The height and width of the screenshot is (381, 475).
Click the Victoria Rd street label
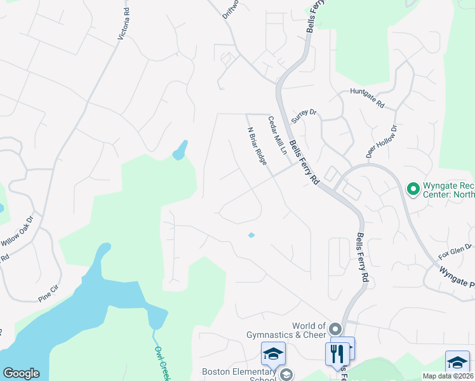[124, 25]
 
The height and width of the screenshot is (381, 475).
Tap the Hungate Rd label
[368, 97]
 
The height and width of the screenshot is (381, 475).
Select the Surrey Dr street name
[303, 116]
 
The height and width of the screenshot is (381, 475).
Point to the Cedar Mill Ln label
[277, 135]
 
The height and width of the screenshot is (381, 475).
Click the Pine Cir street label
[48, 293]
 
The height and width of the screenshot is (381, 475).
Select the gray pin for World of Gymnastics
[336, 330]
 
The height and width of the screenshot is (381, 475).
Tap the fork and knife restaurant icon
[337, 353]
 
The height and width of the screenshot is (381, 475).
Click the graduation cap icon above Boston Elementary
[273, 353]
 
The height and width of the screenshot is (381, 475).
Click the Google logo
[21, 373]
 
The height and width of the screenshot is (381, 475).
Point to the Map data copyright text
[448, 376]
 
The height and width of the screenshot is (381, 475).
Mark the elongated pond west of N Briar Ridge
[180, 150]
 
